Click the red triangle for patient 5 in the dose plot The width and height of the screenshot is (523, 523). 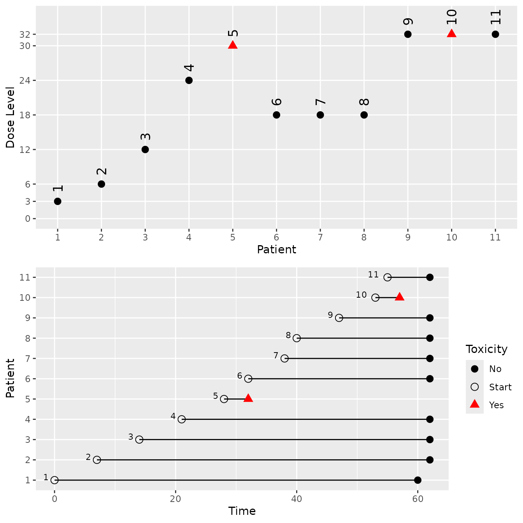tap(233, 45)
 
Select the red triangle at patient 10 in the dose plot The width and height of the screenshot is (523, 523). tap(451, 33)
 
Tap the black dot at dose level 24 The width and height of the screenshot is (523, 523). tap(189, 81)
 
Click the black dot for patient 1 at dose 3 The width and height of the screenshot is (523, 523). tap(58, 201)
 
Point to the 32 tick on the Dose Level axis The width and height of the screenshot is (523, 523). tap(25, 34)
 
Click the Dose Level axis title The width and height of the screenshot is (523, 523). tap(10, 118)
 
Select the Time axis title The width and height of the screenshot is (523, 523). tap(242, 511)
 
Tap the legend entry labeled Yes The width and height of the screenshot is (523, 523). tap(496, 405)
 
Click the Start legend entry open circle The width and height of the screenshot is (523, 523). tap(474, 387)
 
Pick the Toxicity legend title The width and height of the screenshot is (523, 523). tap(486, 349)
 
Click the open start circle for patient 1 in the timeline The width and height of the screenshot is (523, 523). tap(54, 480)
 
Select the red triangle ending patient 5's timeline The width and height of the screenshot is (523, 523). tap(248, 398)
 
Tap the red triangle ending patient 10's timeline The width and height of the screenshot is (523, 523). tap(400, 297)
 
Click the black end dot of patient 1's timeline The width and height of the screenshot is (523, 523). tap(418, 480)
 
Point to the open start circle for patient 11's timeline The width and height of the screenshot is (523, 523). tap(387, 277)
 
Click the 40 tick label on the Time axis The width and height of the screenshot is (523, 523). tap(297, 499)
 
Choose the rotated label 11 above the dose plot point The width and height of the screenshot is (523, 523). tap(495, 18)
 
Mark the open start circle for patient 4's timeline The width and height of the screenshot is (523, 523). tap(181, 419)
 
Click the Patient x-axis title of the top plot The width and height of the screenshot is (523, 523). tap(276, 249)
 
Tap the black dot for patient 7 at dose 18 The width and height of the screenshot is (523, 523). tap(320, 115)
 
